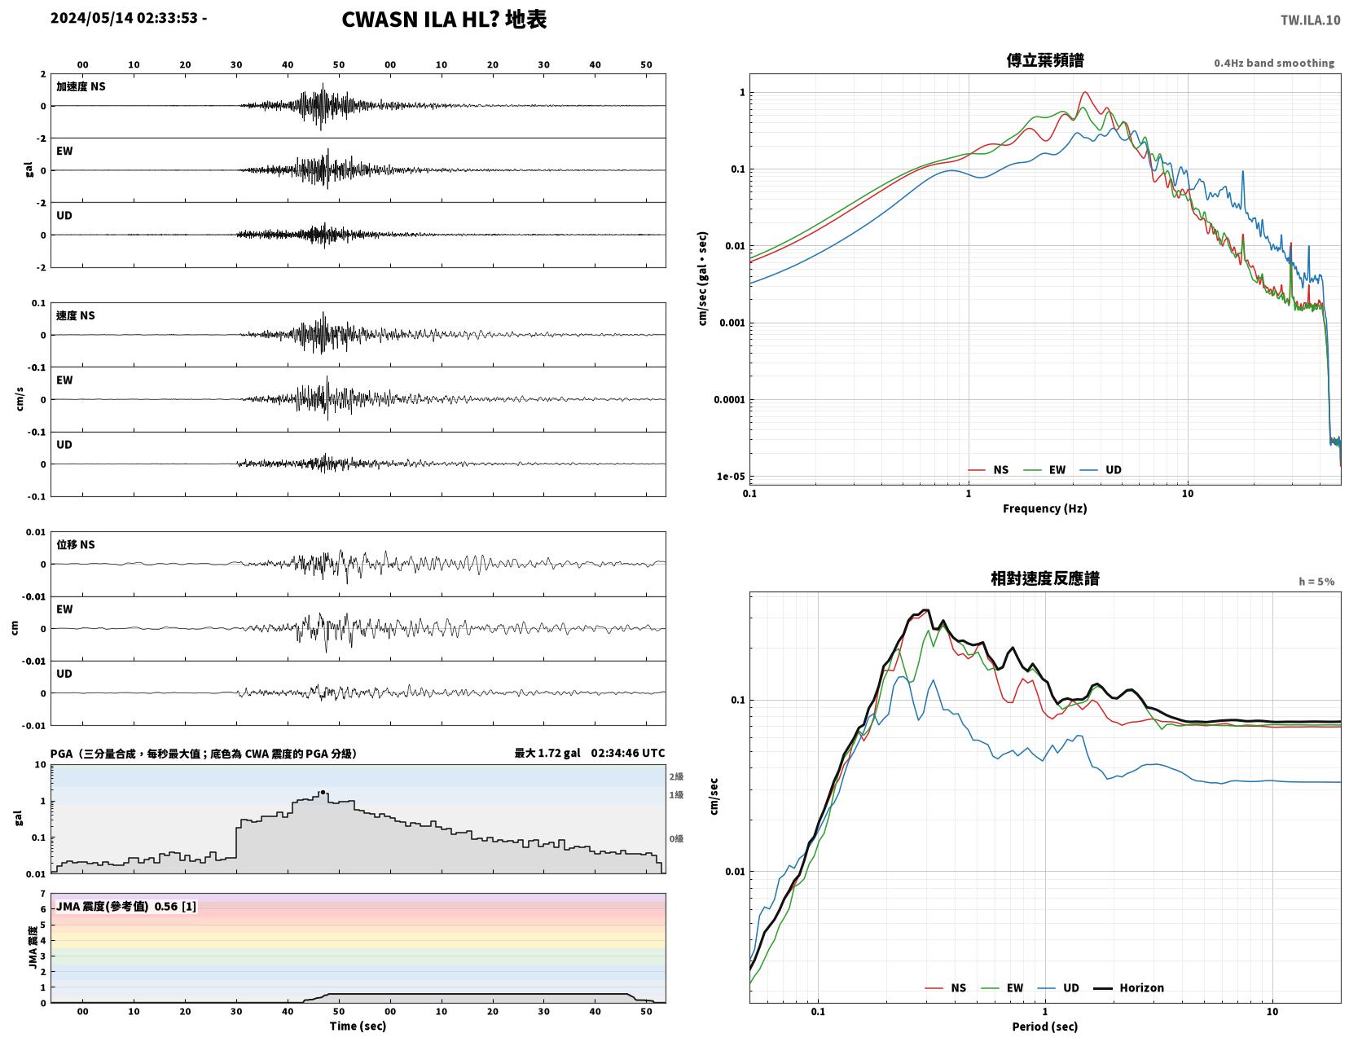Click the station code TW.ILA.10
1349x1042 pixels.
point(1310,20)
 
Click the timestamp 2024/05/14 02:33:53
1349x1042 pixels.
point(124,18)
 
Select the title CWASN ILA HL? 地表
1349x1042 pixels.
point(444,20)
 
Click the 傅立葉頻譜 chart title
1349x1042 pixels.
point(1044,60)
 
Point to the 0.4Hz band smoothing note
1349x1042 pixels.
point(1273,63)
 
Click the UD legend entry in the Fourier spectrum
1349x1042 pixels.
point(1100,469)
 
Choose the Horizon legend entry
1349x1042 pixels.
point(1128,987)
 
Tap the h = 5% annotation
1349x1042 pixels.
point(1316,581)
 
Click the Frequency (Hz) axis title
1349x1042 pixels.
point(1044,508)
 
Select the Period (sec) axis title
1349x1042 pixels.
point(1044,1026)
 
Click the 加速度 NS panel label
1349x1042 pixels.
point(81,86)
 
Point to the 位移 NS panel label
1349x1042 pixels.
point(76,544)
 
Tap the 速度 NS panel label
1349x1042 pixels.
point(76,315)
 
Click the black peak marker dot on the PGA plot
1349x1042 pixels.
point(323,792)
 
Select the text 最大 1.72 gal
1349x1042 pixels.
point(547,753)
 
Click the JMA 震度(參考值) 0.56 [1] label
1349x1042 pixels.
point(126,906)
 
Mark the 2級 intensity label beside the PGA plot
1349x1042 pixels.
point(676,776)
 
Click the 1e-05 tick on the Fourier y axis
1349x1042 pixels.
point(731,477)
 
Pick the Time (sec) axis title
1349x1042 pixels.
point(358,1026)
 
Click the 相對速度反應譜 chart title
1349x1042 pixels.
point(1044,578)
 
